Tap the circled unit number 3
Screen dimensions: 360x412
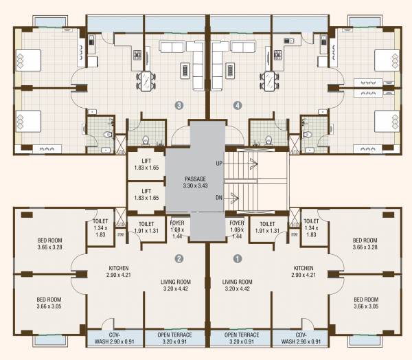(x=179, y=106)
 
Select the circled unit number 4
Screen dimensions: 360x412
(x=238, y=106)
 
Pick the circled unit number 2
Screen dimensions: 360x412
(x=179, y=259)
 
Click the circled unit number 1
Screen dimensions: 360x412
(x=238, y=259)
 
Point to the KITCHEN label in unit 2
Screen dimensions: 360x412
(x=119, y=271)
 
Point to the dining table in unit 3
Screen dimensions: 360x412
(x=146, y=82)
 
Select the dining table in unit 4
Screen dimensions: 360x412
(x=270, y=82)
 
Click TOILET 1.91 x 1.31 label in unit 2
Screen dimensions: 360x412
(x=146, y=227)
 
